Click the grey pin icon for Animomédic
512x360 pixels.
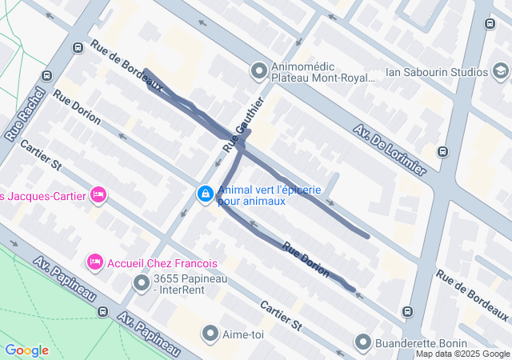[258, 72]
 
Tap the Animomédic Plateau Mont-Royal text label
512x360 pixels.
[323, 72]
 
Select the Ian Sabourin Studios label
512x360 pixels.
[436, 72]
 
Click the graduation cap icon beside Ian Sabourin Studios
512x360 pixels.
[501, 72]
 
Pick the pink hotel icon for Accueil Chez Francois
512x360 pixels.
[95, 262]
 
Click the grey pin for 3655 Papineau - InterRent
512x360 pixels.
[142, 283]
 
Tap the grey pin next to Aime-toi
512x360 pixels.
[210, 333]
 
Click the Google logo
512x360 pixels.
[26, 350]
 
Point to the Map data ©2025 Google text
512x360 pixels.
[462, 354]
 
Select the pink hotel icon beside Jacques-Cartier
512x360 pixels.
[98, 194]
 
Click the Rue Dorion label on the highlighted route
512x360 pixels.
[305, 260]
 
